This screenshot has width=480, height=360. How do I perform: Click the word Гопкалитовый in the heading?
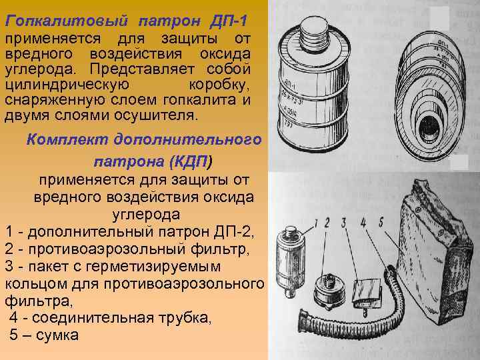coord(66,22)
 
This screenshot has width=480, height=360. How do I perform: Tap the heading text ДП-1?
coord(229,21)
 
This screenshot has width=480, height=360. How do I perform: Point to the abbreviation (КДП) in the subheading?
coord(190,161)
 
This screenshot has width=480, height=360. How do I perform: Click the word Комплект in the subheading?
coord(67,140)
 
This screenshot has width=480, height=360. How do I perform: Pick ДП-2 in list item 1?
coord(233,232)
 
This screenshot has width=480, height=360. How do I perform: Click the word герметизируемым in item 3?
coord(153,267)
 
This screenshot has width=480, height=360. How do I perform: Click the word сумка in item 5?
coord(57,335)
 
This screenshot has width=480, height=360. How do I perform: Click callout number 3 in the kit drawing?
coord(344,223)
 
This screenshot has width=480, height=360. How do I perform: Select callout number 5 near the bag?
coord(381,222)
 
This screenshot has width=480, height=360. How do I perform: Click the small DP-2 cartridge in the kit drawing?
coord(289,261)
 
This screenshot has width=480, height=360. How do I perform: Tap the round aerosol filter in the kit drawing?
coord(329,291)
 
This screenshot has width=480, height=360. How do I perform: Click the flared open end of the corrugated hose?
coord(305,319)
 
